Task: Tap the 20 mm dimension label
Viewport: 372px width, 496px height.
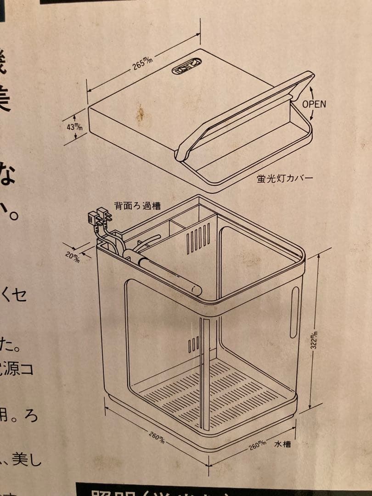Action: (x=73, y=256)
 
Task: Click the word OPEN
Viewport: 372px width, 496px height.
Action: (x=314, y=104)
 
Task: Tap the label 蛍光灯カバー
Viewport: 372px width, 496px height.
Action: (x=285, y=178)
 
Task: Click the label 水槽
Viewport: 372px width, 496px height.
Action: (x=282, y=445)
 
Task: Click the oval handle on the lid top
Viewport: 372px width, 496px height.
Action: (x=186, y=67)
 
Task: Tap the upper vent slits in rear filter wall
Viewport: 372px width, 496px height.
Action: (x=198, y=238)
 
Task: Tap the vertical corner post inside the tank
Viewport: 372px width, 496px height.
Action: (x=205, y=367)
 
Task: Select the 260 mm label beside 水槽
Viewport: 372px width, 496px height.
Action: (x=258, y=445)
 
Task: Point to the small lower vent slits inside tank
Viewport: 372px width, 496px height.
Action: (x=193, y=344)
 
